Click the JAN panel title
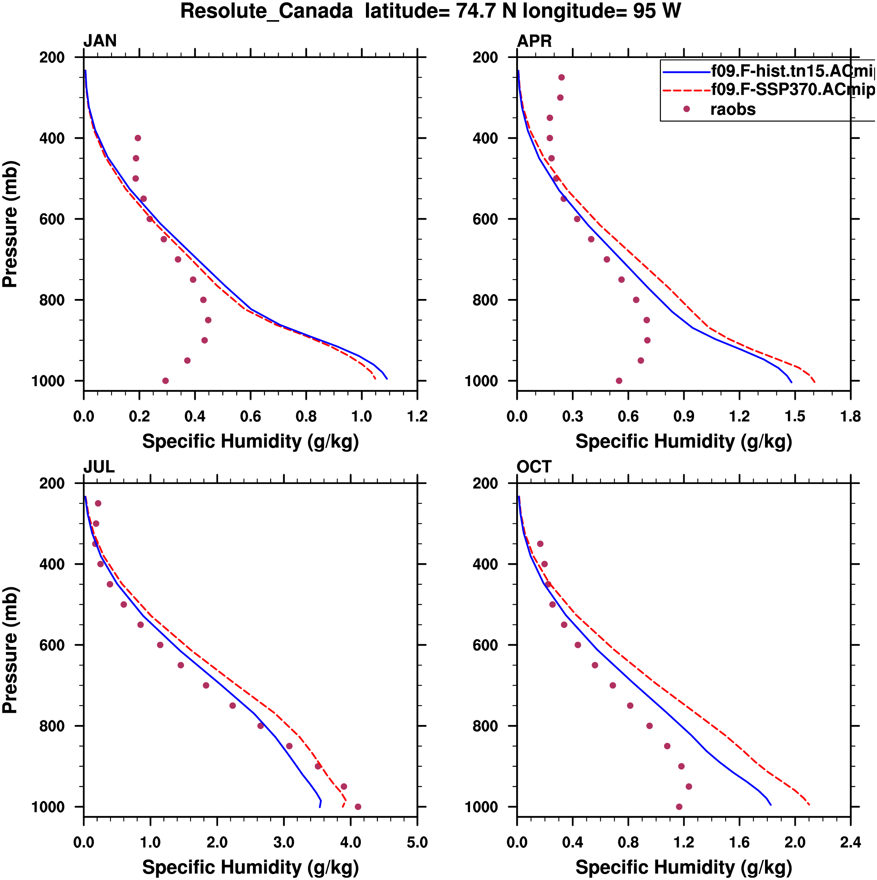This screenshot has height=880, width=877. point(100,41)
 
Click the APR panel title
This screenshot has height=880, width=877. point(534,41)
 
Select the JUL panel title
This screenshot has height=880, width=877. point(99,467)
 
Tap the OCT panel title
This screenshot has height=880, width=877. point(534,467)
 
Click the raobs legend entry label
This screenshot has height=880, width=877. point(733,109)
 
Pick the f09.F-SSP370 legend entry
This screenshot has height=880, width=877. point(792,90)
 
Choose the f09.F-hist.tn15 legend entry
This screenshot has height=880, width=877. point(792,71)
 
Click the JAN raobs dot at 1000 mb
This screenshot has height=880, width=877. point(165,381)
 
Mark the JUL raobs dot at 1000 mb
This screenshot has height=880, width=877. point(358,807)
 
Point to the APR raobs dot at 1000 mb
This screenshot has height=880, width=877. point(619,381)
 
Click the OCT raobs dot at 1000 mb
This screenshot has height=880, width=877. point(679,807)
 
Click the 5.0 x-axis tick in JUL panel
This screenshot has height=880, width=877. point(417,843)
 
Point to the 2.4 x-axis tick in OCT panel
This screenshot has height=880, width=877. point(851,843)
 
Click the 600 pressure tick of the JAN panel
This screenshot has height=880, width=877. point(52,219)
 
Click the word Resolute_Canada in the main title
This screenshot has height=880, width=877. point(267,11)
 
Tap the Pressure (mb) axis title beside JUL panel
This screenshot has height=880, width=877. point(10,650)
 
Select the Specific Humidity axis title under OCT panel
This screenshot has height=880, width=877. point(683,867)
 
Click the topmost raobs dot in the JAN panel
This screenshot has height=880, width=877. point(138,138)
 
